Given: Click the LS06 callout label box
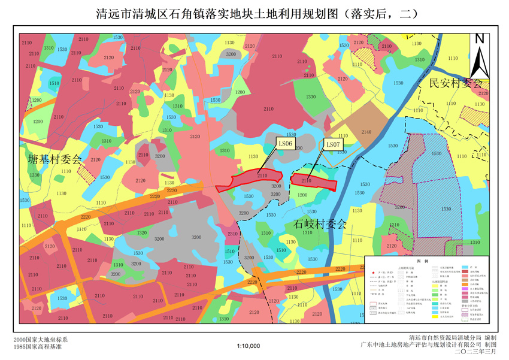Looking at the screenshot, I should [284, 144].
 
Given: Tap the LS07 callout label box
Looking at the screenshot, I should [333, 144].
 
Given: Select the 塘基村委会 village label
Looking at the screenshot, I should [54, 159].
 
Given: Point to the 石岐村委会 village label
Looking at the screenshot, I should [320, 224].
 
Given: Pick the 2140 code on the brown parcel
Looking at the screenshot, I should [366, 132].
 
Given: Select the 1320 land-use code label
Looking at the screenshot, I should [143, 233].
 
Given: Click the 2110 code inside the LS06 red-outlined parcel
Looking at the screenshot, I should [262, 176].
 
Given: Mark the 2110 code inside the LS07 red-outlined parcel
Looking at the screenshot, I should [307, 180].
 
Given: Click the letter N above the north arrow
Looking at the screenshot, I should [479, 39].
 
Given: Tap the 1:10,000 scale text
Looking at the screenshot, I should [249, 346].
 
